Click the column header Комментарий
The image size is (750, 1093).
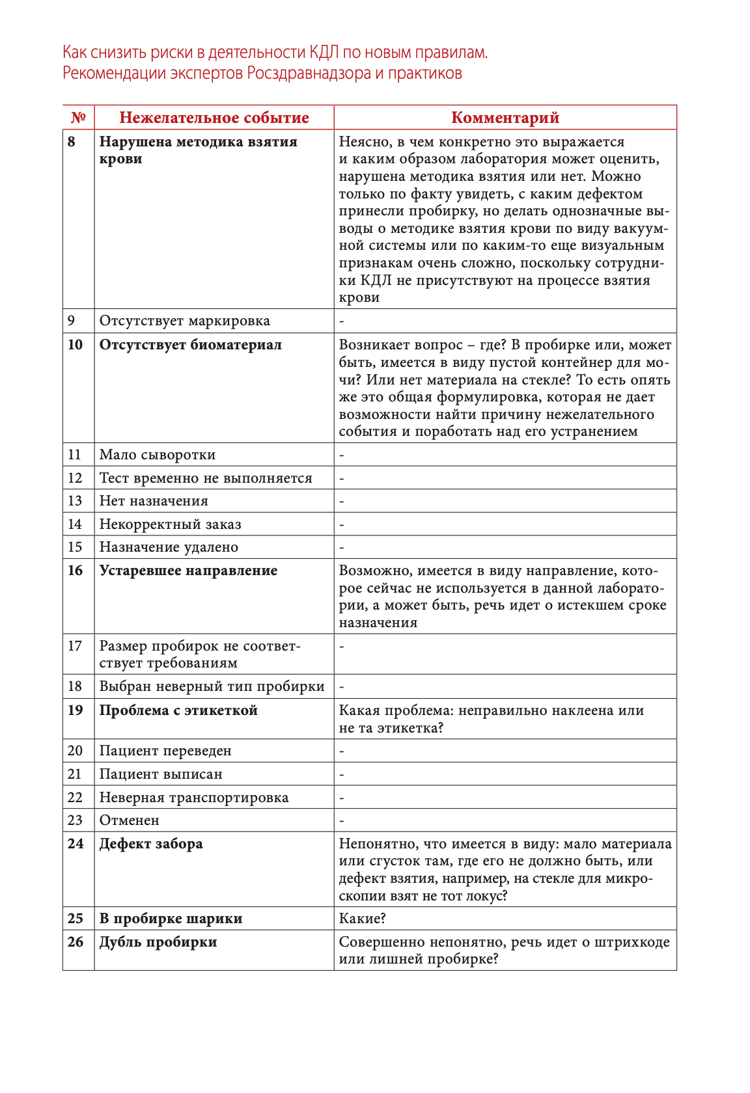[x=505, y=118]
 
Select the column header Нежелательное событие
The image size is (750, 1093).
[x=214, y=118]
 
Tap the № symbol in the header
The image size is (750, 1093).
[x=78, y=118]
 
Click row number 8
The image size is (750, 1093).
[x=72, y=142]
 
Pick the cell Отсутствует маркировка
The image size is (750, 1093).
[x=184, y=321]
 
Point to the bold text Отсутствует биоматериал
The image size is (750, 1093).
[x=190, y=345]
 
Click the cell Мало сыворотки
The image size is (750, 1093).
[x=157, y=455]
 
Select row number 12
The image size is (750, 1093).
[x=76, y=478]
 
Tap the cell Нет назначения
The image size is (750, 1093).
[x=154, y=501]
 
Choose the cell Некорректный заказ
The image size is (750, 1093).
[x=170, y=524]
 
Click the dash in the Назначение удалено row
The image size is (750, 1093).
[x=342, y=548]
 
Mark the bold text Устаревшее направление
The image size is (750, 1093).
[x=188, y=571]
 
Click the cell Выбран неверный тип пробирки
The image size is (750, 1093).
[x=212, y=686]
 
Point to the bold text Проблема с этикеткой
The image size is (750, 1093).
[x=178, y=710]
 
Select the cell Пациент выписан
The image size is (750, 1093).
[x=161, y=774]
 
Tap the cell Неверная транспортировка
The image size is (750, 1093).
[x=193, y=798]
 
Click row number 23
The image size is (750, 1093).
[x=76, y=820]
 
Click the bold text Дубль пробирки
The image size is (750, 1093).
[x=158, y=942]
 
